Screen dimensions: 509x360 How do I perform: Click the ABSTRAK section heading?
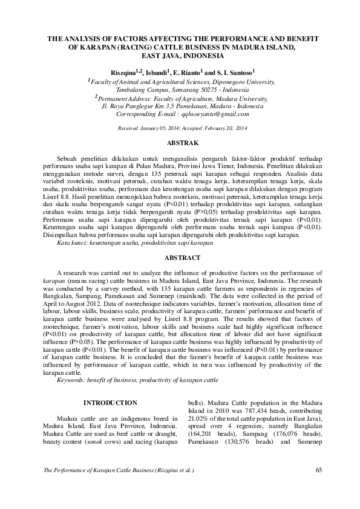point(180,144)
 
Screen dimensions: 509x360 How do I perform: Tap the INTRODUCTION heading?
point(110,403)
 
